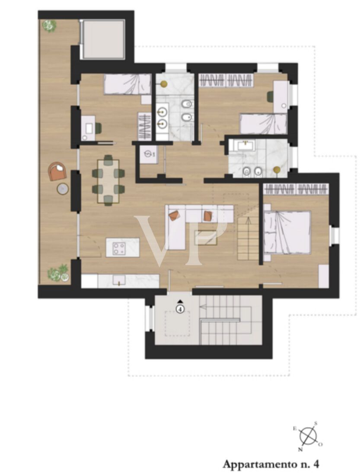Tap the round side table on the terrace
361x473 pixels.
click(x=63, y=189)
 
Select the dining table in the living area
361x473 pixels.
click(x=108, y=181)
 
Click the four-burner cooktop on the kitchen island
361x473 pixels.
click(x=118, y=248)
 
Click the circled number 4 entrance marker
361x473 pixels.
click(x=180, y=309)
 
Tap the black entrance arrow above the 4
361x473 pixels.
click(x=180, y=301)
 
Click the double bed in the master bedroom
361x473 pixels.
click(x=287, y=232)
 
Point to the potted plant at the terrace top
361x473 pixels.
click(x=49, y=26)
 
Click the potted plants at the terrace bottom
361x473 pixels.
click(x=58, y=273)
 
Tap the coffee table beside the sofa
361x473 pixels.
click(x=206, y=238)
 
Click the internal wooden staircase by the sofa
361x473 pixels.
click(x=248, y=238)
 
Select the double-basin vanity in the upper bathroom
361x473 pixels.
click(x=163, y=118)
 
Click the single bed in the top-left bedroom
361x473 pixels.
click(x=128, y=84)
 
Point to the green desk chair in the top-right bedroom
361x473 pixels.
click(x=270, y=97)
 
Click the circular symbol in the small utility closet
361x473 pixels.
click(x=148, y=154)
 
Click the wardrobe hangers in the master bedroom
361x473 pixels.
click(x=296, y=189)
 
